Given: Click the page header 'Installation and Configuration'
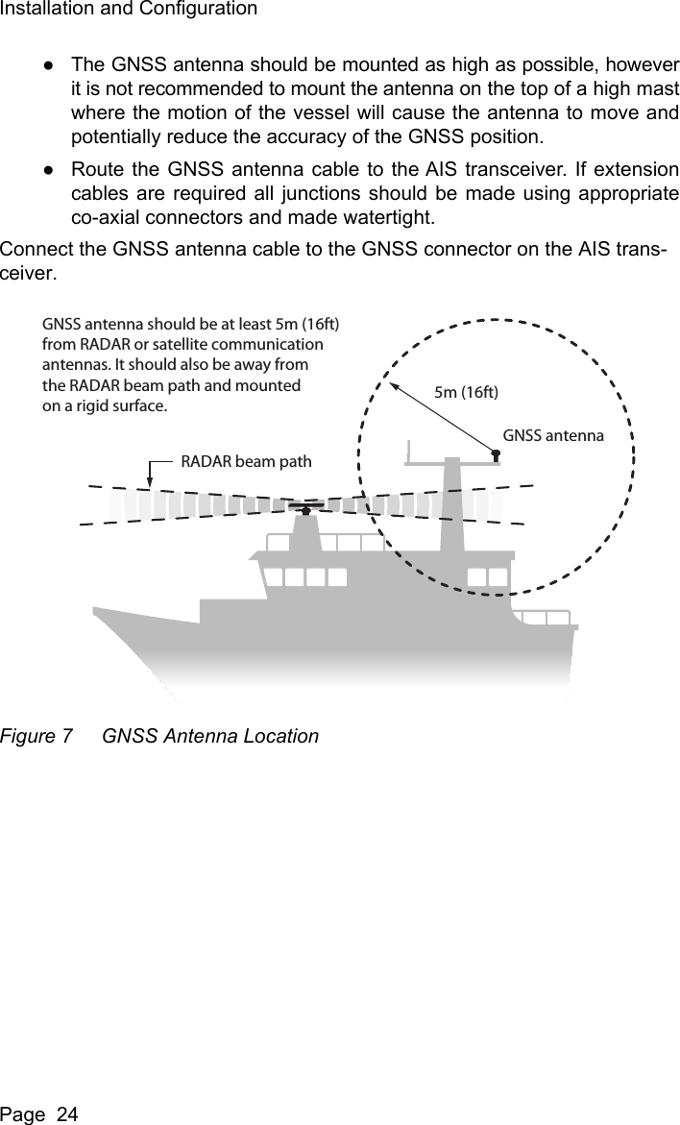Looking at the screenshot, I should [129, 10].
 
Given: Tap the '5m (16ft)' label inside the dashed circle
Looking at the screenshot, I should [468, 392].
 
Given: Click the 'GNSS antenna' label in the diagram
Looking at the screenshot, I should [553, 435].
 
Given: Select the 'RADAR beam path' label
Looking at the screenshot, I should [246, 461].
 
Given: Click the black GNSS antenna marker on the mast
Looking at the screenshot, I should [496, 453].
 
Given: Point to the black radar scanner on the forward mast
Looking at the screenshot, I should [305, 507].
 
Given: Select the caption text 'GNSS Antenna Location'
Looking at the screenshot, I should [210, 737].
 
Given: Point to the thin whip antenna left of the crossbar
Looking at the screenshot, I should [409, 452].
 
